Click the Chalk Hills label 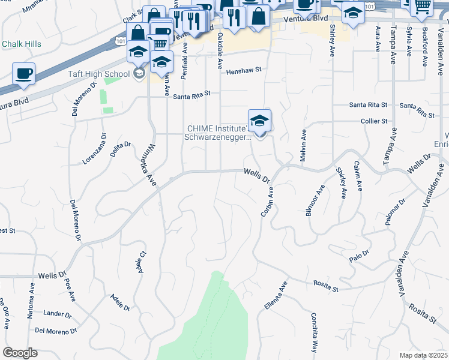[x=22, y=44]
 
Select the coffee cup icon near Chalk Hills [x=23, y=73]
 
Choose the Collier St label [x=373, y=121]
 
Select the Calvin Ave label [x=358, y=176]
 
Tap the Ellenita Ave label [x=276, y=295]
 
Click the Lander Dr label [x=58, y=314]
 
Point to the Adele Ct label [x=142, y=262]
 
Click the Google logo [x=20, y=353]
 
